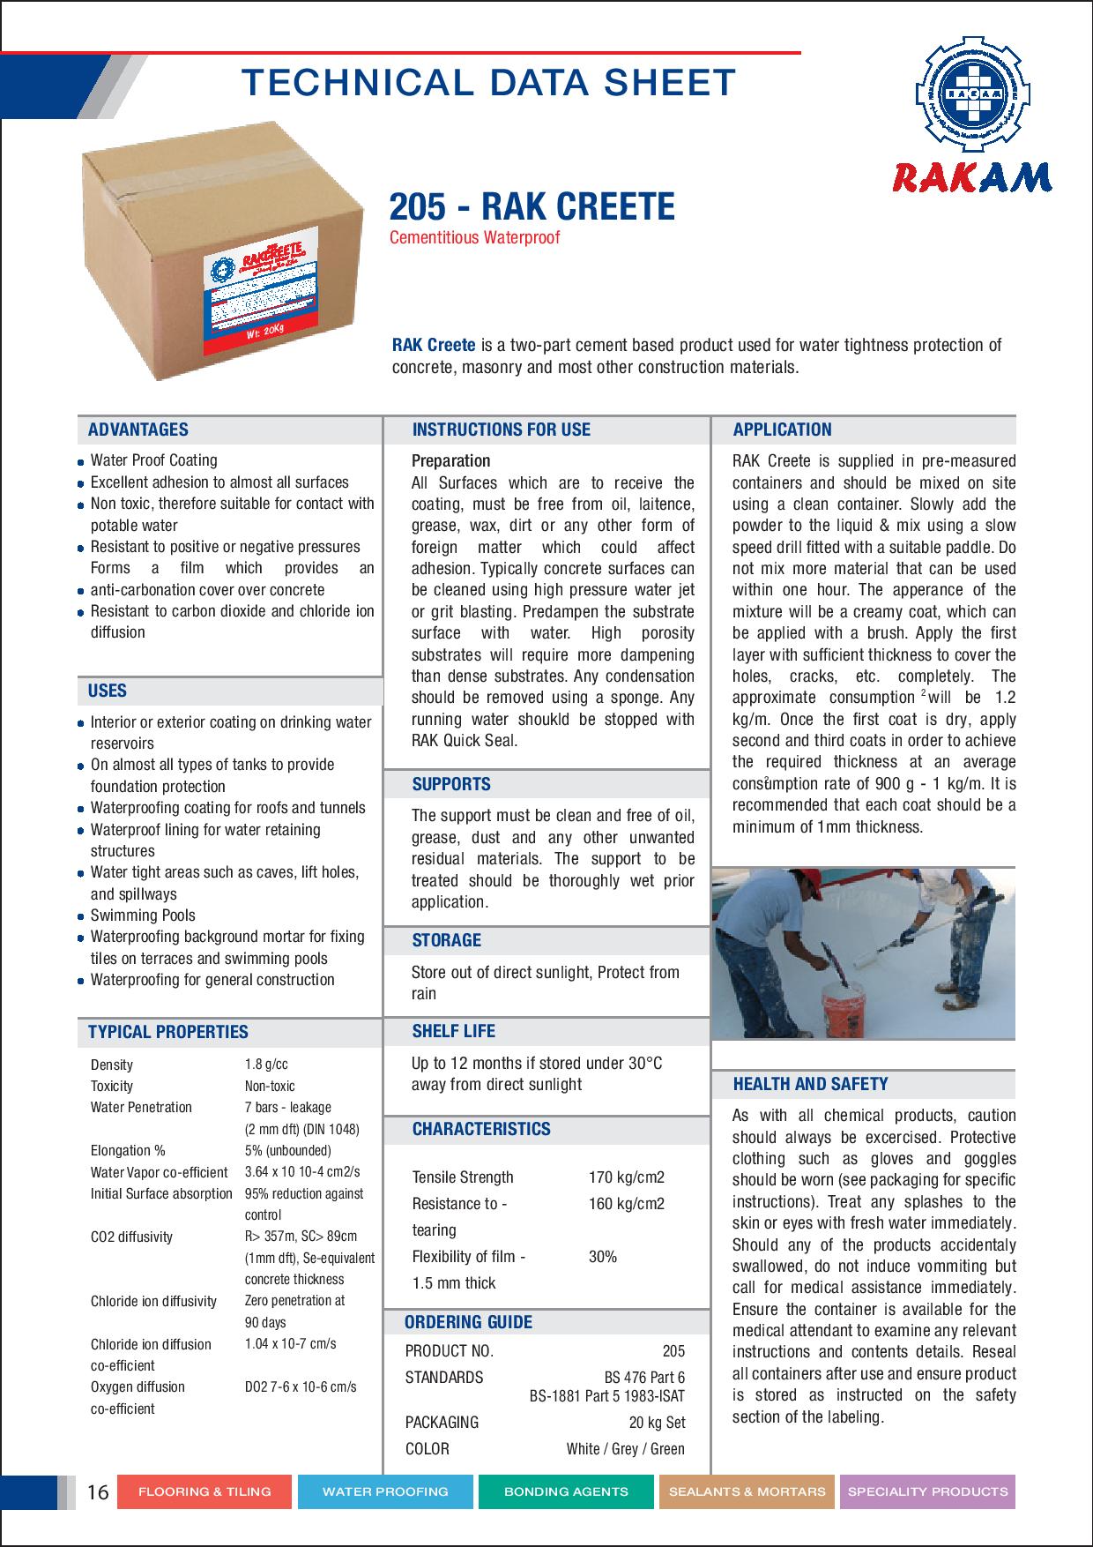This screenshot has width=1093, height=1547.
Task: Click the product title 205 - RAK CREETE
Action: click(532, 206)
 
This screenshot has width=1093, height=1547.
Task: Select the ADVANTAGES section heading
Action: click(138, 430)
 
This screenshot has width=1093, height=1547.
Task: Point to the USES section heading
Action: click(108, 691)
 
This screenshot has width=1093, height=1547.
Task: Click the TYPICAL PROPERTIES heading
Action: click(168, 1031)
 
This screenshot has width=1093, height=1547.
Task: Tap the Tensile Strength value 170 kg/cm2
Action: click(626, 1177)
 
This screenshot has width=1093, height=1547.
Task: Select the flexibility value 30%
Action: click(603, 1257)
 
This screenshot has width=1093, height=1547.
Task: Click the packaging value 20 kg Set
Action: click(657, 1422)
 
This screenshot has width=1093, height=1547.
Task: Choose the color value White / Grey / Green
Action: click(625, 1448)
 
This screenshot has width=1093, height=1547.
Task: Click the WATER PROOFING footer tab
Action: click(385, 1491)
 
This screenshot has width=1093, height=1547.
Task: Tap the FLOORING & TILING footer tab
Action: click(204, 1491)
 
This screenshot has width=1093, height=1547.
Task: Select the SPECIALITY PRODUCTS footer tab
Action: click(927, 1491)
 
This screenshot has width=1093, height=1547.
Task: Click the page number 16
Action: click(98, 1491)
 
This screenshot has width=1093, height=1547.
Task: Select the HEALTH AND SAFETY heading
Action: click(810, 1084)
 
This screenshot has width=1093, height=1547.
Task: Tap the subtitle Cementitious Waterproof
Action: click(475, 237)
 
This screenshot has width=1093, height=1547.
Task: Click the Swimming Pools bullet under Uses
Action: click(143, 915)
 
